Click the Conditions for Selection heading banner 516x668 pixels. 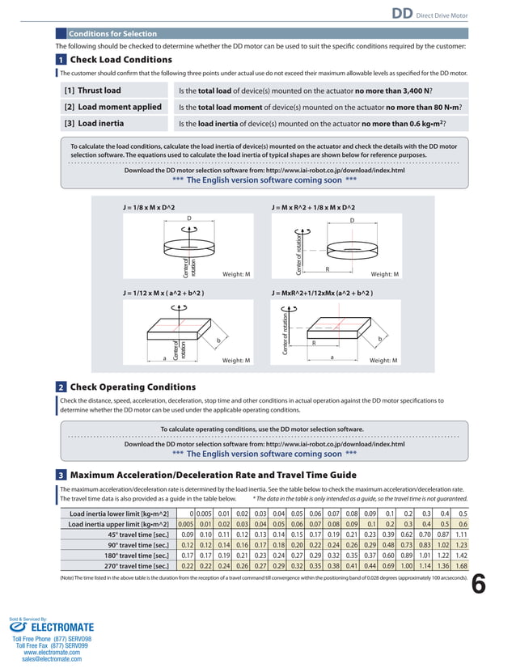point(112,34)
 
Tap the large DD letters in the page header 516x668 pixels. point(404,13)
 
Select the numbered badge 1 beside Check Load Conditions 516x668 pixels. point(61,60)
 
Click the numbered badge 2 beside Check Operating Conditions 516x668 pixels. point(61,387)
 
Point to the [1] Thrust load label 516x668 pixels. point(93,91)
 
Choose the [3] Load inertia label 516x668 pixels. point(94,124)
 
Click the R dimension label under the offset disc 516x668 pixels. point(327,268)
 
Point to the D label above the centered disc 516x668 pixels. point(188,219)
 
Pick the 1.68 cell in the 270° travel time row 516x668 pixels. point(462,566)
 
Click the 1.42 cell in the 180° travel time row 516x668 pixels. point(462,556)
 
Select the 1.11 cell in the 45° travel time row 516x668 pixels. point(462,535)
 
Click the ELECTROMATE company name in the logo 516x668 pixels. point(59,627)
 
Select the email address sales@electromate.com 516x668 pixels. point(52,659)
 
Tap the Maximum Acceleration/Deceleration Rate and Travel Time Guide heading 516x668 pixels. point(213,474)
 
